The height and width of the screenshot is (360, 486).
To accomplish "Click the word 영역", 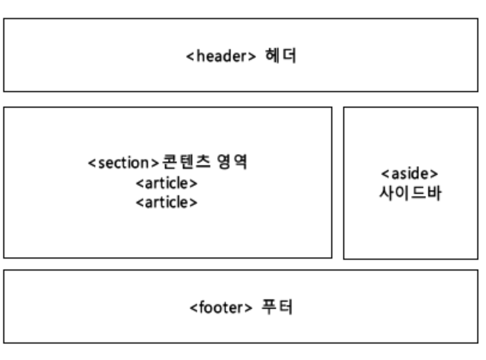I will tap(231, 163).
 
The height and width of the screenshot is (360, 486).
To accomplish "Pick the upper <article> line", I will tap(167, 184).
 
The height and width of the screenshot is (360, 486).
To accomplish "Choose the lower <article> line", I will tap(167, 203).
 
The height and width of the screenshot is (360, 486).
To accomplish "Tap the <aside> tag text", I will tap(410, 174).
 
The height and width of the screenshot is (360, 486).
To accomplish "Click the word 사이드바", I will tap(410, 193).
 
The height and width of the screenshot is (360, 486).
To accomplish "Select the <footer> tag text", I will tap(219, 307).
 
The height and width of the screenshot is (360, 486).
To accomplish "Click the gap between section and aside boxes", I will tap(338, 183).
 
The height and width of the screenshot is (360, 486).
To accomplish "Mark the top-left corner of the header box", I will tap(4, 19).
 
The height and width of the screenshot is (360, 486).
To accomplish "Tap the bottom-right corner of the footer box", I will tap(478, 343).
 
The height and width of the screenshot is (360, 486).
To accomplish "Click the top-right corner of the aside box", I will tap(478, 107).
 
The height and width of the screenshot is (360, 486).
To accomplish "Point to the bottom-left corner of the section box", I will tap(4, 258).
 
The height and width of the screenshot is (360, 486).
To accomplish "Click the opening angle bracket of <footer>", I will tap(192, 308).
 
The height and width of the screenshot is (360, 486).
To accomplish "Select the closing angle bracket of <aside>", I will tap(437, 174).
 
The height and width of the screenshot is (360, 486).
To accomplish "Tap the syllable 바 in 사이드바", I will tap(434, 193).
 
